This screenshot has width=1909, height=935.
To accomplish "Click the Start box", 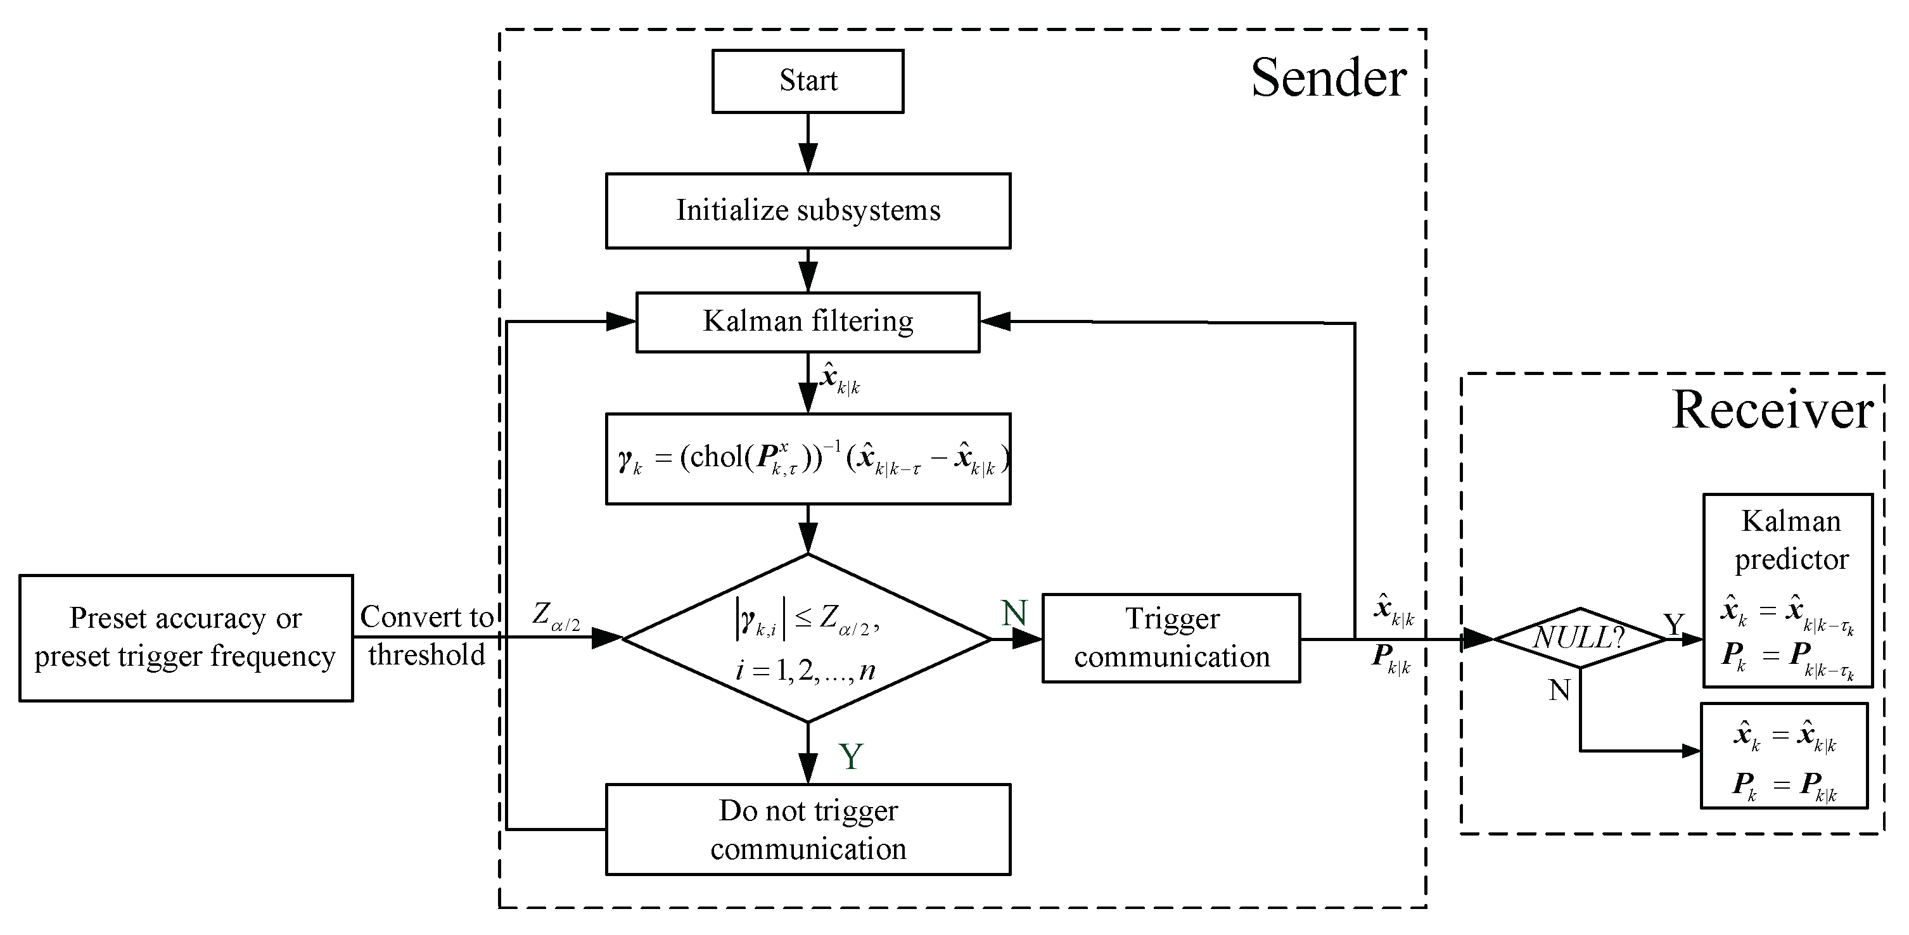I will pyautogui.click(x=807, y=80).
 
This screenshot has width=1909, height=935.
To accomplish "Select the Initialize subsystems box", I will pyautogui.click(x=807, y=210).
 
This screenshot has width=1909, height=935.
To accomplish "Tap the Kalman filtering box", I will pyautogui.click(x=807, y=322).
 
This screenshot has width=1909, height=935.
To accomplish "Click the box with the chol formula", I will pyautogui.click(x=807, y=459).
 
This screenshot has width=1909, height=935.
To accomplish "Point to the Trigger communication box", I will pyautogui.click(x=1170, y=637).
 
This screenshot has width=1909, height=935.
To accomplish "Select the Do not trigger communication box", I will pyautogui.click(x=807, y=829).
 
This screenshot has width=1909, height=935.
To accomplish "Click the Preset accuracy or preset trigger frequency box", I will pyautogui.click(x=185, y=637).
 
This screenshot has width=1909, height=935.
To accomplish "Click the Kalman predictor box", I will pyautogui.click(x=1787, y=590).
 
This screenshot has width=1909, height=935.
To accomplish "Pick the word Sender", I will pyautogui.click(x=1328, y=78).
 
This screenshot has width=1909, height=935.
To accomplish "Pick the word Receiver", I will pyautogui.click(x=1773, y=410).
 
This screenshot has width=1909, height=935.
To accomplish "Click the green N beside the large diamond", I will pyautogui.click(x=1014, y=613).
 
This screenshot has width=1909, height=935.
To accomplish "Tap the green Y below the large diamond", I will pyautogui.click(x=851, y=756).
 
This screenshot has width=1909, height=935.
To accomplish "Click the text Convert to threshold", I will pyautogui.click(x=426, y=635).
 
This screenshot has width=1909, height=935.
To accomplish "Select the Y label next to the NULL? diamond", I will pyautogui.click(x=1673, y=625).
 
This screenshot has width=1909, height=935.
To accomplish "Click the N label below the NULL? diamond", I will pyautogui.click(x=1559, y=690).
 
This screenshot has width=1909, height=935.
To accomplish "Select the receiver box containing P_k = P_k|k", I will pyautogui.click(x=1784, y=756).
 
